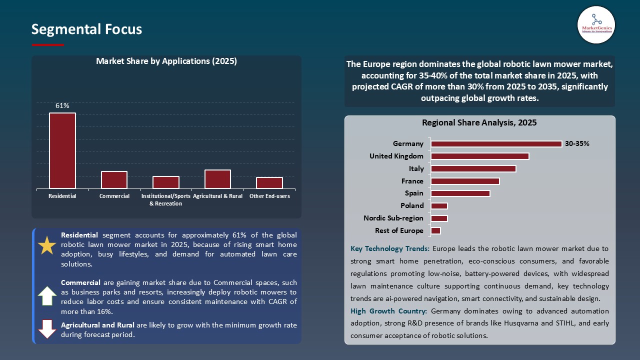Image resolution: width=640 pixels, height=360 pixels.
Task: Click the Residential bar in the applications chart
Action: [62, 151]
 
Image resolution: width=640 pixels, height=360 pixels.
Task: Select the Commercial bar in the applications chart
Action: [114, 180]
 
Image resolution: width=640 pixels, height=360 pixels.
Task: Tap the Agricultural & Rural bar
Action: [217, 179]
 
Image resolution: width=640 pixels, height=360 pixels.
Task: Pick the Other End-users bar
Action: [269, 183]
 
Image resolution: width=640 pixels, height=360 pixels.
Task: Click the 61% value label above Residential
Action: [62, 105]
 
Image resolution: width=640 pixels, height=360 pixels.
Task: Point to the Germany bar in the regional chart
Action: [496, 144]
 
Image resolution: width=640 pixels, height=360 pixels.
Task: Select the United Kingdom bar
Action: [479, 156]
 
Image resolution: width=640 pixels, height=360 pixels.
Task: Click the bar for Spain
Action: [460, 193]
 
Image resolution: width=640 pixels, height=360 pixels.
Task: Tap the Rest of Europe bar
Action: [435, 230]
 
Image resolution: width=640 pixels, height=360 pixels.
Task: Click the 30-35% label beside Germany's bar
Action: [577, 143]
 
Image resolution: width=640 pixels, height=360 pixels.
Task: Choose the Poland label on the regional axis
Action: [412, 205]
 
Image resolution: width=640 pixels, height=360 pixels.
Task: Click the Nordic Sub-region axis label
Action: [393, 218]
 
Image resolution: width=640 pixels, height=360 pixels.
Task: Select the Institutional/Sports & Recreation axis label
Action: [165, 200]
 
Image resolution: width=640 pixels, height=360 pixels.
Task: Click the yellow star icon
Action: [47, 245]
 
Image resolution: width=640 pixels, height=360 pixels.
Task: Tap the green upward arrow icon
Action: [47, 296]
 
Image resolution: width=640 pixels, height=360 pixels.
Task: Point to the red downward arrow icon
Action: [47, 329]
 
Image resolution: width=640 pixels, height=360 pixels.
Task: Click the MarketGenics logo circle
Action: [596, 25]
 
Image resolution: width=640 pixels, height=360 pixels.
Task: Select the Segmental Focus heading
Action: [86, 29]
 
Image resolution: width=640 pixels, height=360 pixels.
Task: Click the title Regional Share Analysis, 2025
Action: [479, 122]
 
